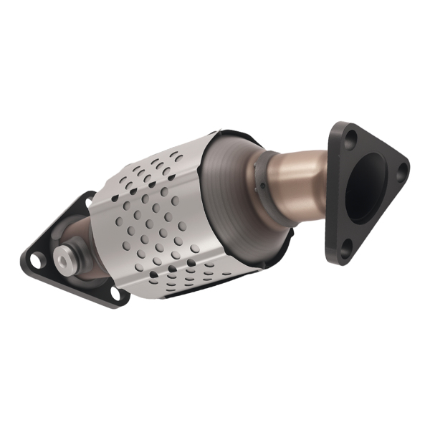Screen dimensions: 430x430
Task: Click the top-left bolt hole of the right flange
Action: coord(348,135)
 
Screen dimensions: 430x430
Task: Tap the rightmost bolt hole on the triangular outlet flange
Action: coord(402,169)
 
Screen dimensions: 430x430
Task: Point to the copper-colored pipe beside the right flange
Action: coord(305,183)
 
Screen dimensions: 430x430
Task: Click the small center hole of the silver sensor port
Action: coord(62,260)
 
